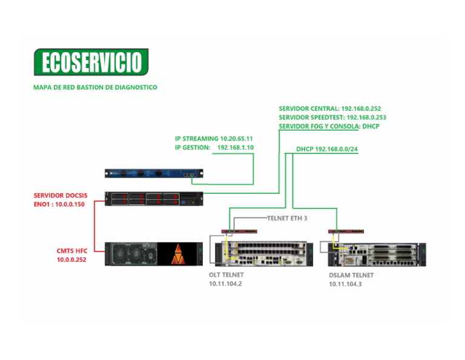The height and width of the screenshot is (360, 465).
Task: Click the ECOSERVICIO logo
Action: (x=91, y=62)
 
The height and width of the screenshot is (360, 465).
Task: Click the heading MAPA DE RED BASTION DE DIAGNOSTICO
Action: (x=95, y=87)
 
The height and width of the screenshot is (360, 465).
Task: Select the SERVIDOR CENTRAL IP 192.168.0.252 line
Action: (x=330, y=108)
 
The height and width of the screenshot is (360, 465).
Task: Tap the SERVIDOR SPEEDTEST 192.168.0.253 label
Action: (x=332, y=118)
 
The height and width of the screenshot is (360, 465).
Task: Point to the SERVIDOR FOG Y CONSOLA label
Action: (x=318, y=127)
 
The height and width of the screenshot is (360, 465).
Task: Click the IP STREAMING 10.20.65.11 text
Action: (x=214, y=139)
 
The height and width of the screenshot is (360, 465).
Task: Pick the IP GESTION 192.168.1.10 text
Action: (x=214, y=147)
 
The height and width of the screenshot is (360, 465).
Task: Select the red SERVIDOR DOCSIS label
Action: (x=61, y=196)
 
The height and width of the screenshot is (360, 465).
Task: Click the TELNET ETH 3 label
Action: (x=287, y=218)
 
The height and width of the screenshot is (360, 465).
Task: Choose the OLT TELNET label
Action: (x=226, y=275)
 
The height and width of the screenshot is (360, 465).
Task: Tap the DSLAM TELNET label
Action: (x=351, y=275)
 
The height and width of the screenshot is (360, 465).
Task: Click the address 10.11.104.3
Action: (x=345, y=284)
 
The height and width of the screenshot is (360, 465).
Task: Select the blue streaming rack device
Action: (x=155, y=174)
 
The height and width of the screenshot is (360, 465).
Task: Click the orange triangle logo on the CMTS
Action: (x=179, y=255)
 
